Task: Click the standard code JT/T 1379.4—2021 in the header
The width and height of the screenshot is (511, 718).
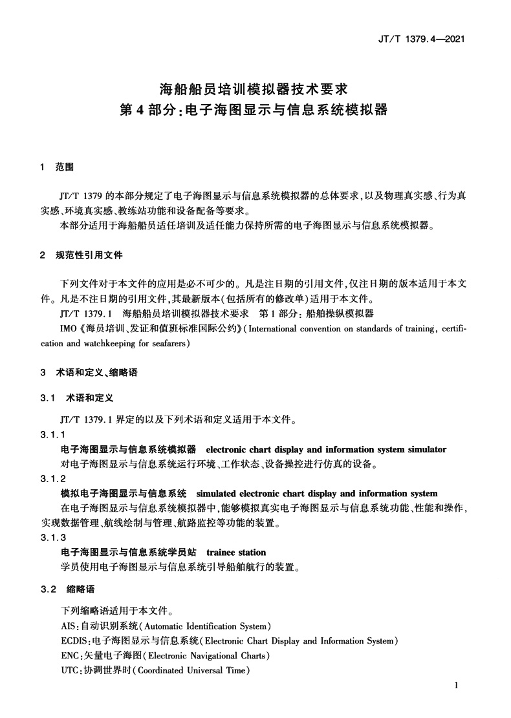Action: point(422,39)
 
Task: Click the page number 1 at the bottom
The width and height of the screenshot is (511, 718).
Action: point(457,686)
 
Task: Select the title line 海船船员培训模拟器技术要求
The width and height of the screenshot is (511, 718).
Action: point(254,87)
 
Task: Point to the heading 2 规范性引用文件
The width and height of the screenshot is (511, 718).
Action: point(81,255)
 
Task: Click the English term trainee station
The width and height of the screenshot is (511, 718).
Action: point(235,553)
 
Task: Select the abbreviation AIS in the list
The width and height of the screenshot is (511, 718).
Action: point(67,626)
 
